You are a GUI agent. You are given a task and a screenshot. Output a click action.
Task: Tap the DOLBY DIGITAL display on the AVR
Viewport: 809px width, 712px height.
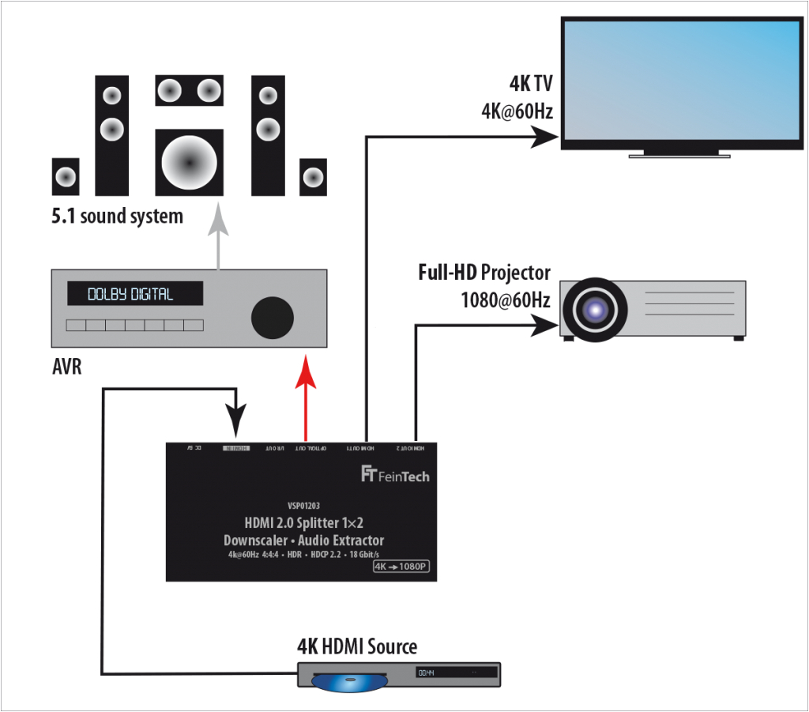[134, 294]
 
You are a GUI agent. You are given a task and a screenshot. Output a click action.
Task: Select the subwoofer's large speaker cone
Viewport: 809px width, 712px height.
[189, 162]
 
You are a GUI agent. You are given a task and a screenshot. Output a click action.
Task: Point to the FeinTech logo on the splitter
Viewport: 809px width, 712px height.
[395, 475]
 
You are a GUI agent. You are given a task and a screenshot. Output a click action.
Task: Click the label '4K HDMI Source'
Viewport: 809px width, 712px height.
[356, 646]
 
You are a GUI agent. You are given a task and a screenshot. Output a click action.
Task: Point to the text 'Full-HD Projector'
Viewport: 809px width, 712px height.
[484, 273]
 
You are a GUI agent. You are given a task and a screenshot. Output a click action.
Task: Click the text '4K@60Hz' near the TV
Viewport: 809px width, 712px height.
[517, 111]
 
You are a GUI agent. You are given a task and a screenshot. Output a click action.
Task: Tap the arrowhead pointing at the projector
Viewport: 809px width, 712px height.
[544, 324]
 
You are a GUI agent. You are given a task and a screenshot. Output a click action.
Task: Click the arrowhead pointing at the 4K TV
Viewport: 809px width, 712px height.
[545, 138]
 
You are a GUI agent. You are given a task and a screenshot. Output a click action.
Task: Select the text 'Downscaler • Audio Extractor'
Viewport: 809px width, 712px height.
[303, 541]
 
